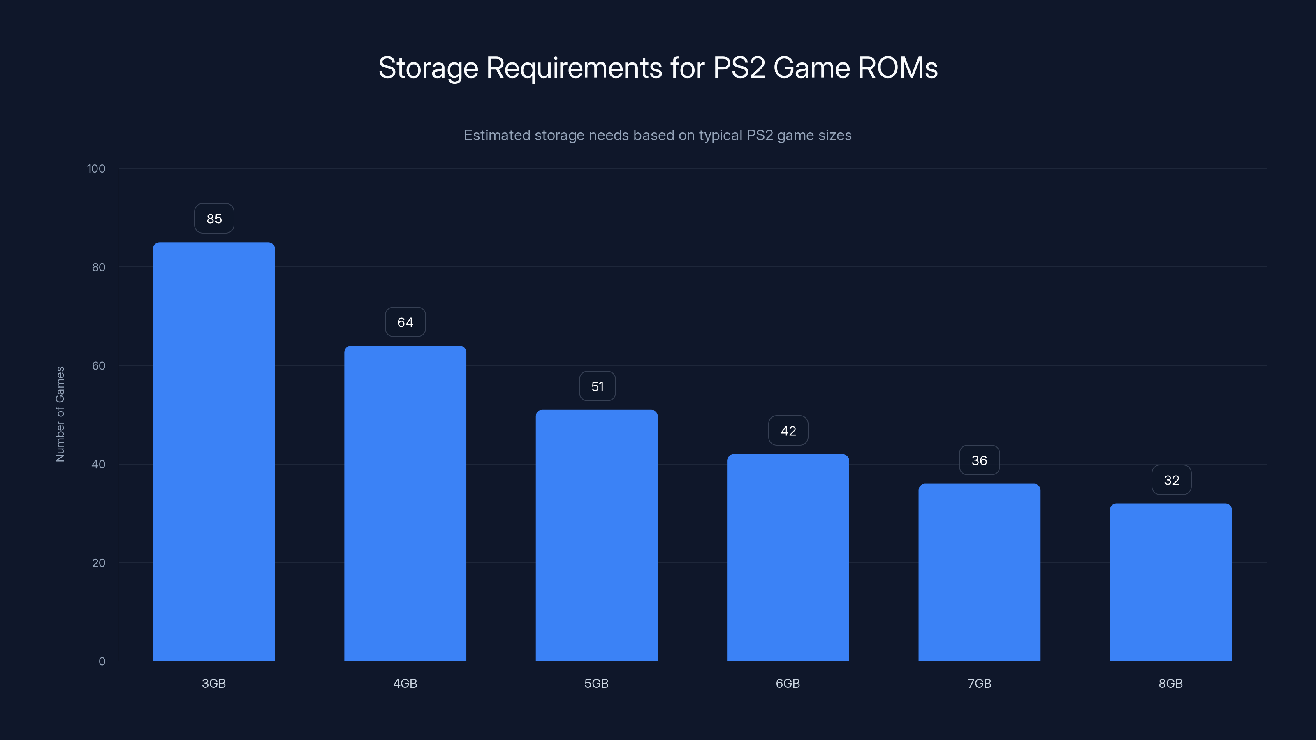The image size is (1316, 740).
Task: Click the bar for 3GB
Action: (x=213, y=451)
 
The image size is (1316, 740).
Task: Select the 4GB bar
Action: (x=405, y=503)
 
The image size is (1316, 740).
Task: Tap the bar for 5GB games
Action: (x=596, y=535)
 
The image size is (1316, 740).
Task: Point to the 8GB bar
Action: (x=1170, y=582)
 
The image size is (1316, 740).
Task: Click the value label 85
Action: (x=214, y=219)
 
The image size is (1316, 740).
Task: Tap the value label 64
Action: (x=405, y=322)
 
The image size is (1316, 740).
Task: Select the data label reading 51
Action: (x=597, y=386)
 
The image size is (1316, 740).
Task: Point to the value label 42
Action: (x=788, y=431)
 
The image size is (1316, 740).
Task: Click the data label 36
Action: (x=979, y=460)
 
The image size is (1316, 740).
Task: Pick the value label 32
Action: (x=1171, y=480)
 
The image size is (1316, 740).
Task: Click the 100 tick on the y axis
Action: (x=96, y=169)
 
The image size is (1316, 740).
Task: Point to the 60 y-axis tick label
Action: (x=99, y=365)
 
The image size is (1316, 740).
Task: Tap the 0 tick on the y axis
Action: (x=102, y=661)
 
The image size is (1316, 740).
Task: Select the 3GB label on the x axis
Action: (x=213, y=683)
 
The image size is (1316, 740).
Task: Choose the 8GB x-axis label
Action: (x=1170, y=683)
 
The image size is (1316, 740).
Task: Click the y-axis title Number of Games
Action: (x=60, y=414)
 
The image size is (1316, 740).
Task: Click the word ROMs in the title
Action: (x=898, y=68)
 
